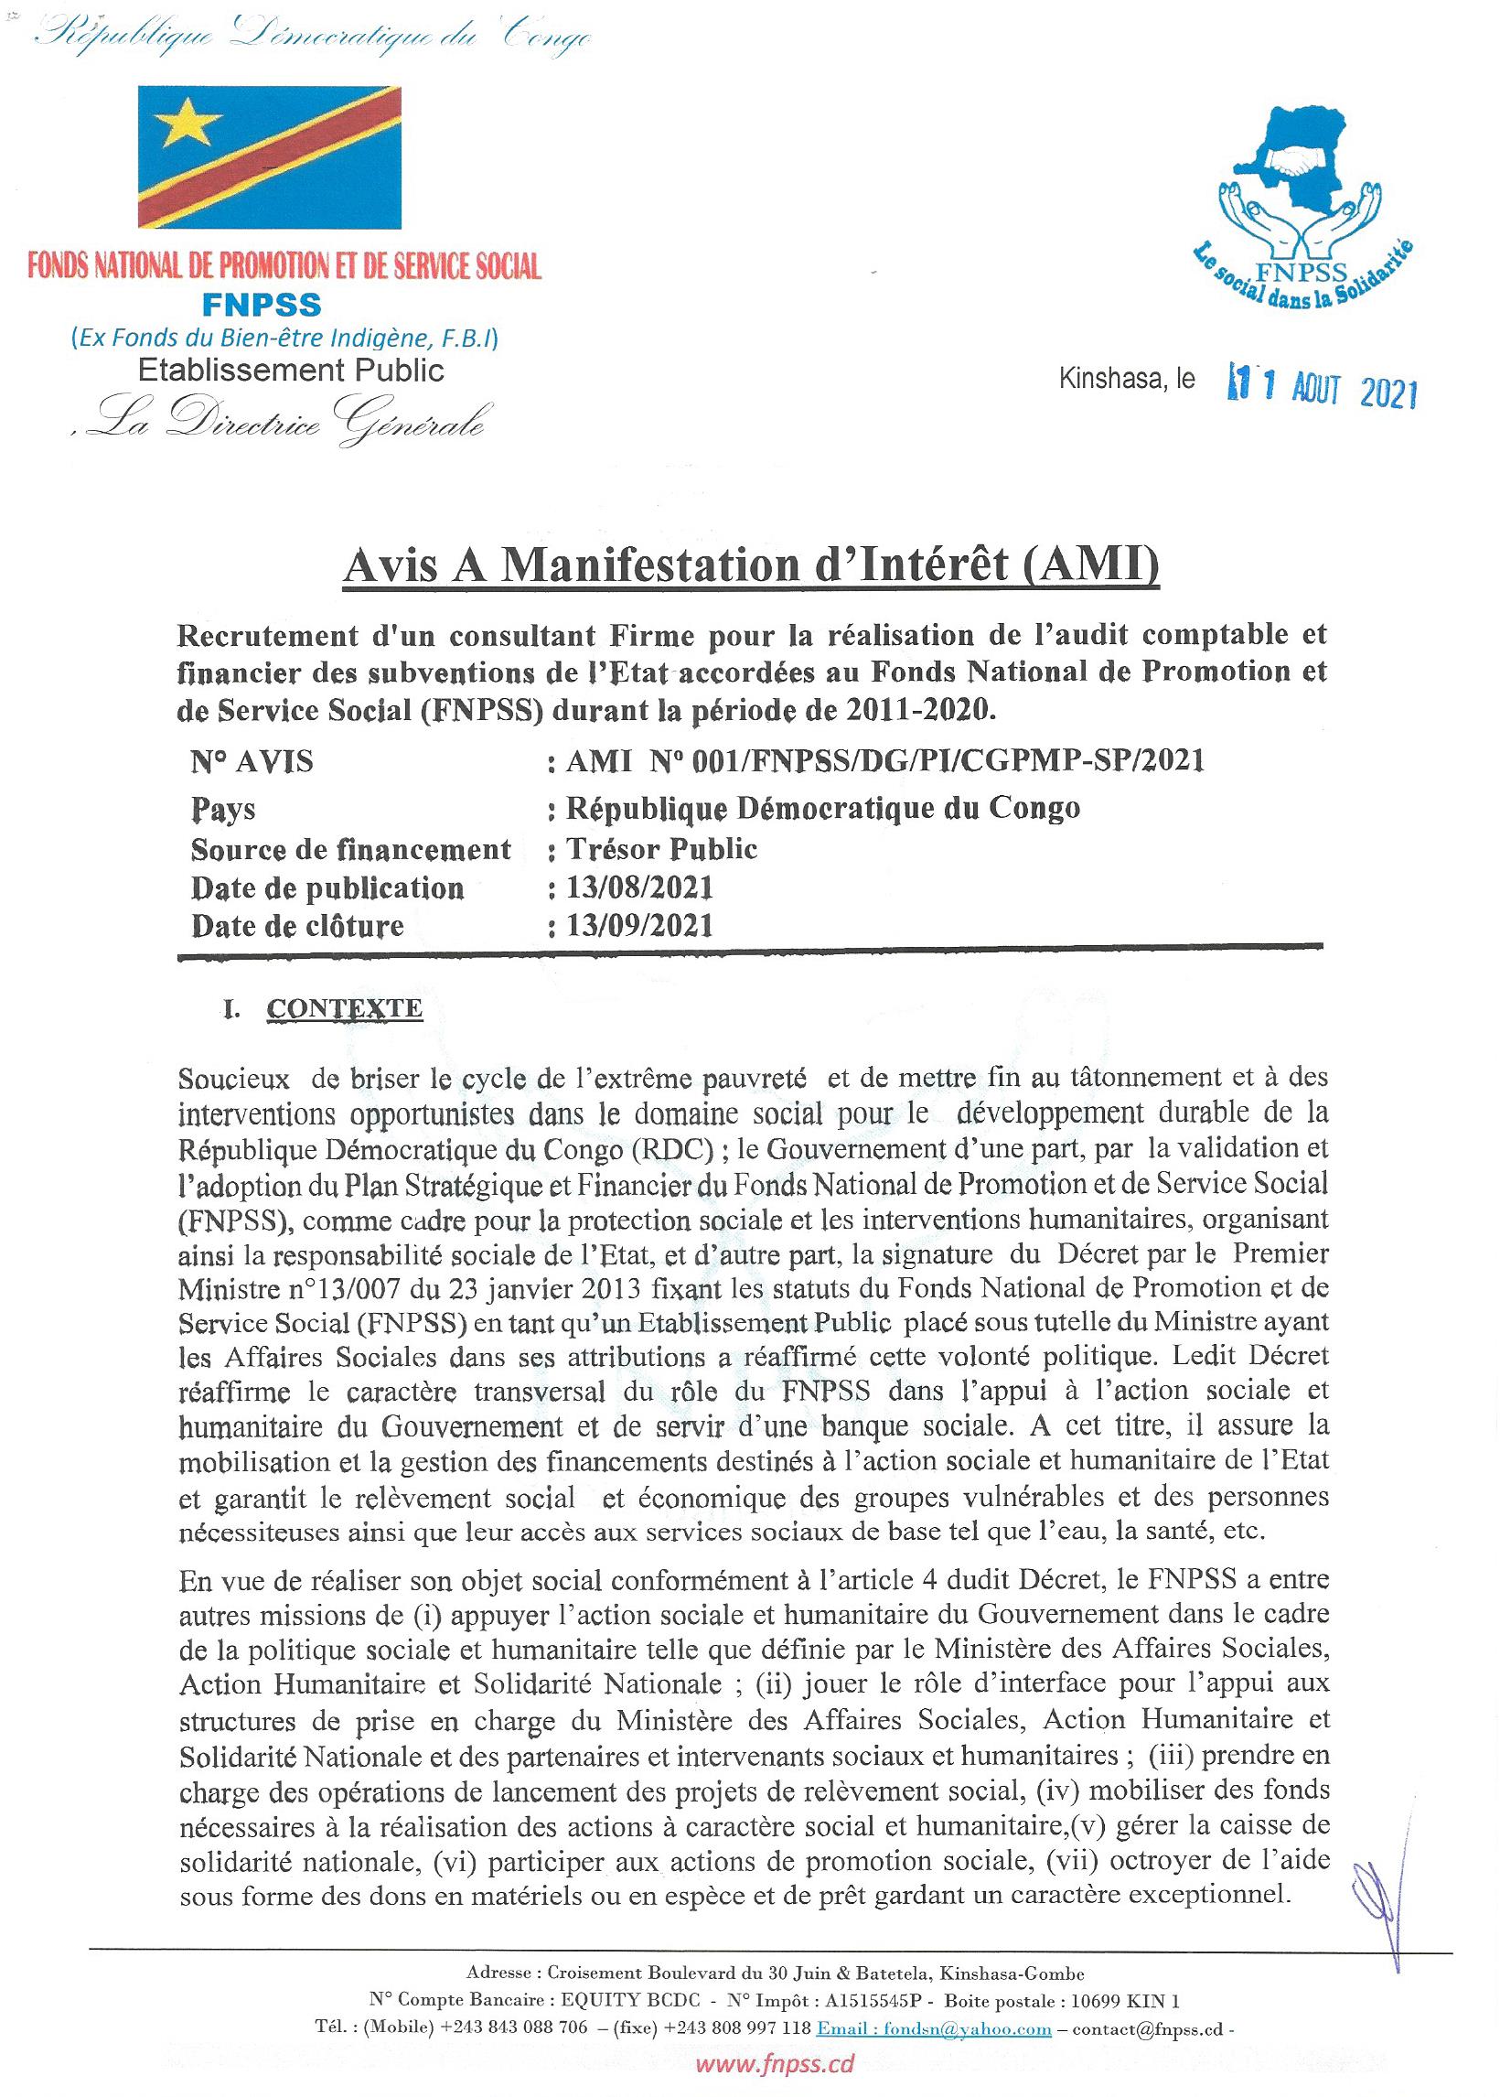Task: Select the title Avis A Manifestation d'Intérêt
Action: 750,566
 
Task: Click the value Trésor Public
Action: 661,848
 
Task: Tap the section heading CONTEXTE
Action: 344,1008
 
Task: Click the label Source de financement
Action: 351,848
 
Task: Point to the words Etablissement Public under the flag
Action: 291,371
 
